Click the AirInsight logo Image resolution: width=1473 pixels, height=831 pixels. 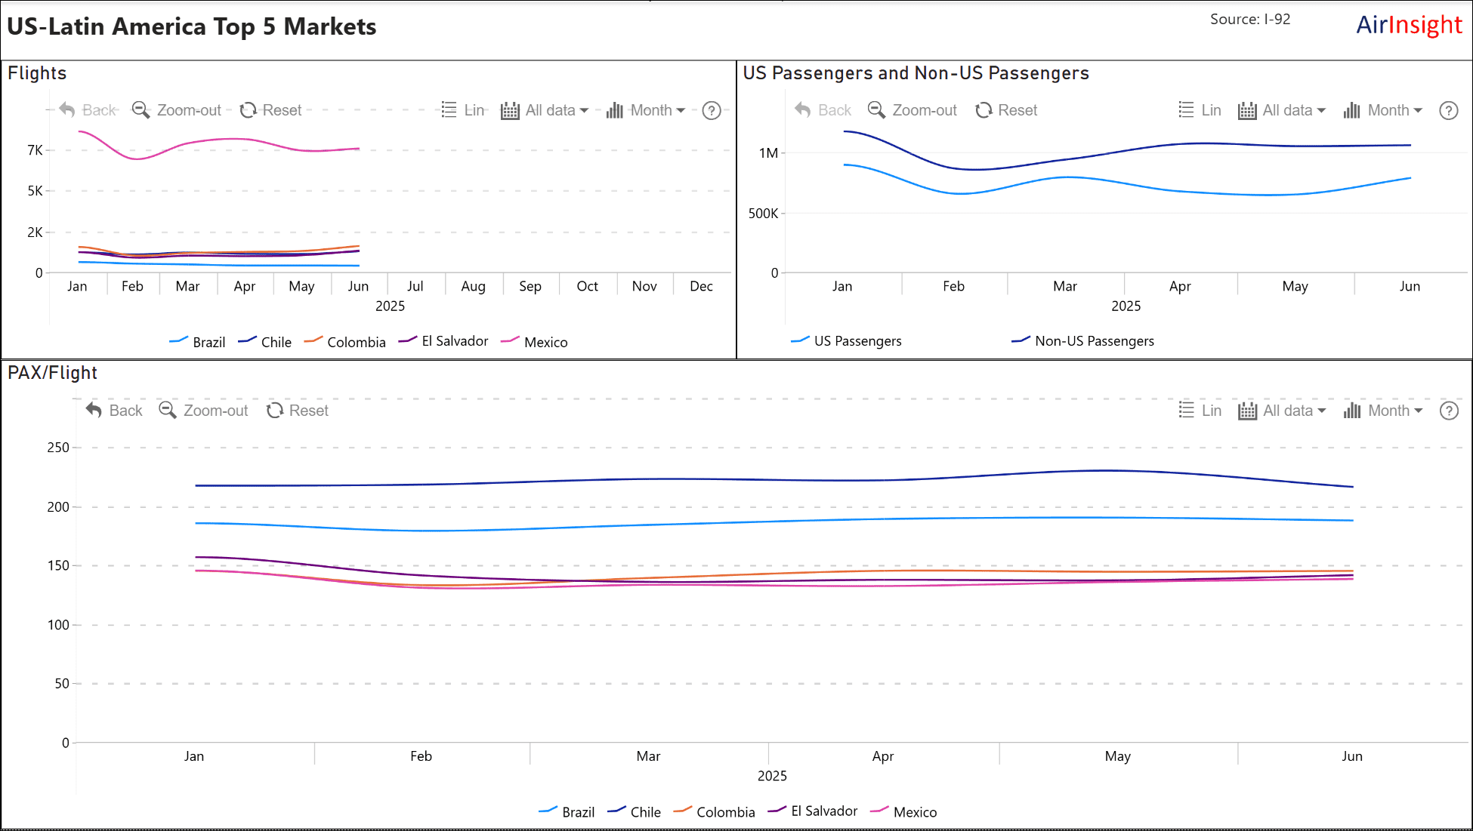coord(1409,25)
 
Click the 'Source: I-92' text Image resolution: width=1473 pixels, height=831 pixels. coord(1250,19)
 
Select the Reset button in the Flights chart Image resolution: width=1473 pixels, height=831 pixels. coord(270,110)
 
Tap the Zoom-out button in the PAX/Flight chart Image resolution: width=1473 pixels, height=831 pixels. coord(203,411)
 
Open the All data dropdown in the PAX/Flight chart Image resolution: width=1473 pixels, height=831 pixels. coord(1282,411)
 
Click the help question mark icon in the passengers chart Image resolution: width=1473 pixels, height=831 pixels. coord(1448,110)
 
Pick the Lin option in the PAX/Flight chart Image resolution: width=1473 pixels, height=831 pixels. coord(1200,411)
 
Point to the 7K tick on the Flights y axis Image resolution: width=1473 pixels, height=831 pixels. coord(35,150)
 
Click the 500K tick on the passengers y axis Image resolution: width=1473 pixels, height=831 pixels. coord(763,214)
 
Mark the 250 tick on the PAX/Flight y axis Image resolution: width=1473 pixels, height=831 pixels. coord(58,448)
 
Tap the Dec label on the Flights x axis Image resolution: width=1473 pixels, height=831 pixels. coord(701,286)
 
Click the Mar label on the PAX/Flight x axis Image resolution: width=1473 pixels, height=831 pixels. coord(648,756)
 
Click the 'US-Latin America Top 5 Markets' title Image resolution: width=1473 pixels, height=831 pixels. coord(192,27)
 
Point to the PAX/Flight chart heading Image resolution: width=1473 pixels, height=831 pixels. coord(52,373)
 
